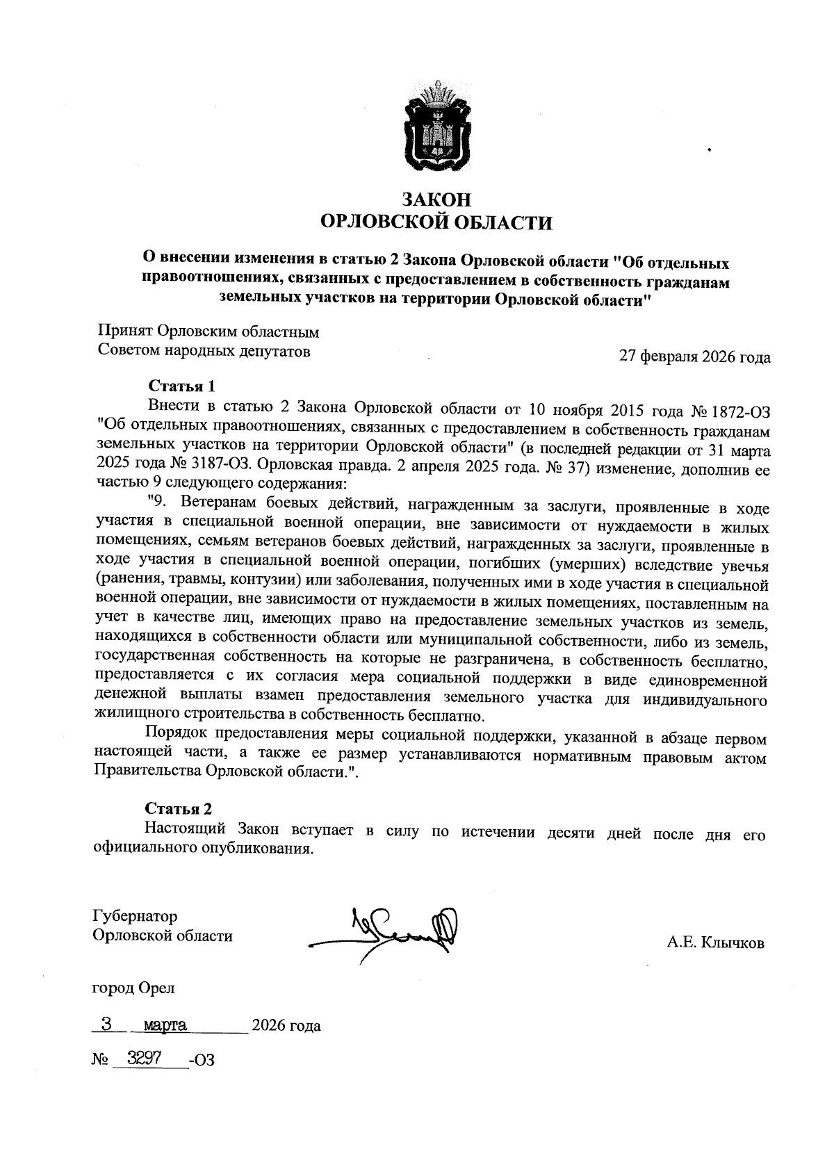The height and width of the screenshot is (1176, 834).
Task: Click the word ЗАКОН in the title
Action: (x=436, y=199)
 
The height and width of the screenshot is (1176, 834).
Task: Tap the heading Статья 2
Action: (x=178, y=808)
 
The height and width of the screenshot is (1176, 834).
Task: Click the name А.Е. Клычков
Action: (x=715, y=943)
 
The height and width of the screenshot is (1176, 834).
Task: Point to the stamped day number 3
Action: (x=106, y=1023)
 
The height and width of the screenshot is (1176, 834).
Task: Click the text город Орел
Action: (x=133, y=988)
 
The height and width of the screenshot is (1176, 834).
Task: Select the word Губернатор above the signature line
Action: (x=135, y=917)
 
